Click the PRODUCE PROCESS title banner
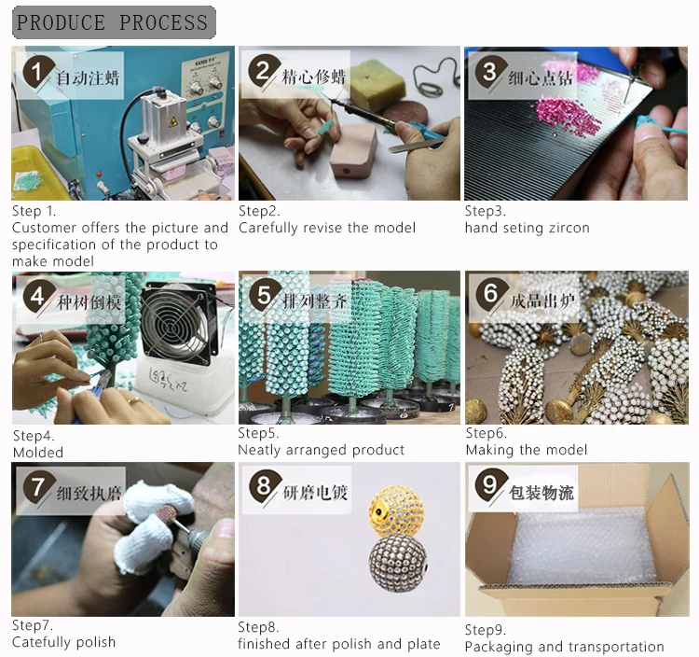[x=114, y=22]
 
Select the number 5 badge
[x=265, y=296]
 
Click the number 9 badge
[x=490, y=484]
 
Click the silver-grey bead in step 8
[x=398, y=563]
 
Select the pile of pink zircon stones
[x=567, y=115]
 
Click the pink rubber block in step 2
[x=353, y=151]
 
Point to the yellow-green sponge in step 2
[x=377, y=86]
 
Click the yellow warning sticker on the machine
[x=173, y=121]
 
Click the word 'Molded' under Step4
[x=38, y=453]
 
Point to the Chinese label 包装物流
[x=541, y=493]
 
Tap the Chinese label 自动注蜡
[x=88, y=78]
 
